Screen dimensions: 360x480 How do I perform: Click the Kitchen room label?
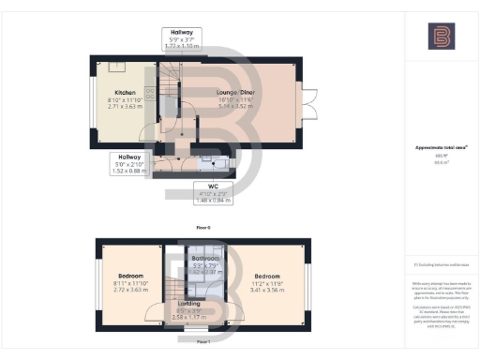point(126,93)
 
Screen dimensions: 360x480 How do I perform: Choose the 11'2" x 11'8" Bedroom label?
point(267,277)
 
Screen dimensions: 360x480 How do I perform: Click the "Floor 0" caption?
point(202,227)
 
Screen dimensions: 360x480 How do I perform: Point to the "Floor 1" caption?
point(202,342)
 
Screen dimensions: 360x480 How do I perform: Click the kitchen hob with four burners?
point(151,91)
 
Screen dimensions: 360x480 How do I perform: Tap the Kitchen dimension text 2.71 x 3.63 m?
point(126,107)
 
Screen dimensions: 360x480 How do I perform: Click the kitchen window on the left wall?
point(93,98)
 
